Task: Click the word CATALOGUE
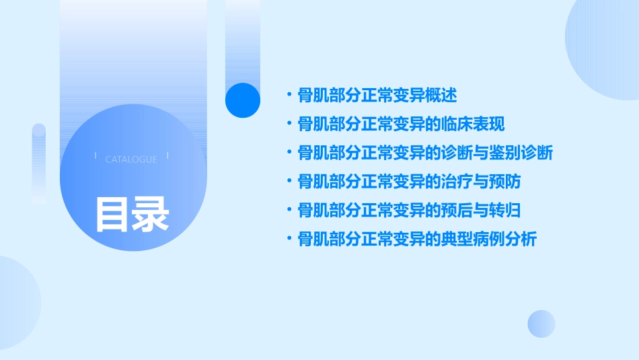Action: [x=131, y=159]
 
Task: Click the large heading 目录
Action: [x=132, y=213]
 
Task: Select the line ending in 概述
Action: [x=377, y=96]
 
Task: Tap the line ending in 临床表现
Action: [x=401, y=124]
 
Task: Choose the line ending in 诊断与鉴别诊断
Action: [x=425, y=153]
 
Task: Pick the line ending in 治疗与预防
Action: [x=409, y=182]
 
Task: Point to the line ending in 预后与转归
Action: [x=409, y=211]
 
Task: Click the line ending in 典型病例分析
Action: [x=417, y=239]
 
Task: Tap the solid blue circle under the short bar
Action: [x=242, y=100]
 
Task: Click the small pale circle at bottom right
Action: [x=541, y=324]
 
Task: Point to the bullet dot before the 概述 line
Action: [x=289, y=96]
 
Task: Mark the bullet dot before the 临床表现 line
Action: [x=289, y=124]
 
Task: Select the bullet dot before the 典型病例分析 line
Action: [x=289, y=239]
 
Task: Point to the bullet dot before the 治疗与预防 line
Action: [x=289, y=182]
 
